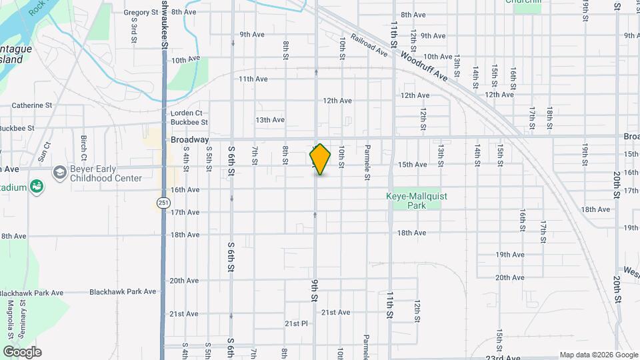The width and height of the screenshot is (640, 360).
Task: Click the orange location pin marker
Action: [x=320, y=159]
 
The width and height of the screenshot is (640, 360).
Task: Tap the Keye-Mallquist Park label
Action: [x=415, y=201]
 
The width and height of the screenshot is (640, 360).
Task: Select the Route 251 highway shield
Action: [x=163, y=202]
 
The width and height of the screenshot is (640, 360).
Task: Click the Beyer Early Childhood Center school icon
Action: [x=59, y=173]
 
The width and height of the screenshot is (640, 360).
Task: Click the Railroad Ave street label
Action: [x=369, y=45]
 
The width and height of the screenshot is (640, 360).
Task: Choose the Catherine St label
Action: [x=31, y=105]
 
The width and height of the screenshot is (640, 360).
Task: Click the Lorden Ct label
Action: [x=186, y=113]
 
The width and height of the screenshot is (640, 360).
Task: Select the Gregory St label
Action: [x=140, y=12]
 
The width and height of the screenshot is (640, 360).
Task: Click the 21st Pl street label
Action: [x=296, y=323]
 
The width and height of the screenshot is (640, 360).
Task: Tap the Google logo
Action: [x=21, y=352]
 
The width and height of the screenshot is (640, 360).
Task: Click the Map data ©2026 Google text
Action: [x=598, y=355]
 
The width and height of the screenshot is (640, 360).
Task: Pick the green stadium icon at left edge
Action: [x=37, y=187]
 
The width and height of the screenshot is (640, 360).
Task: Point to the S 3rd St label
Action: [x=134, y=30]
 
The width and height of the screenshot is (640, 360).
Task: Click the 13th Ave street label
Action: [x=270, y=120]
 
